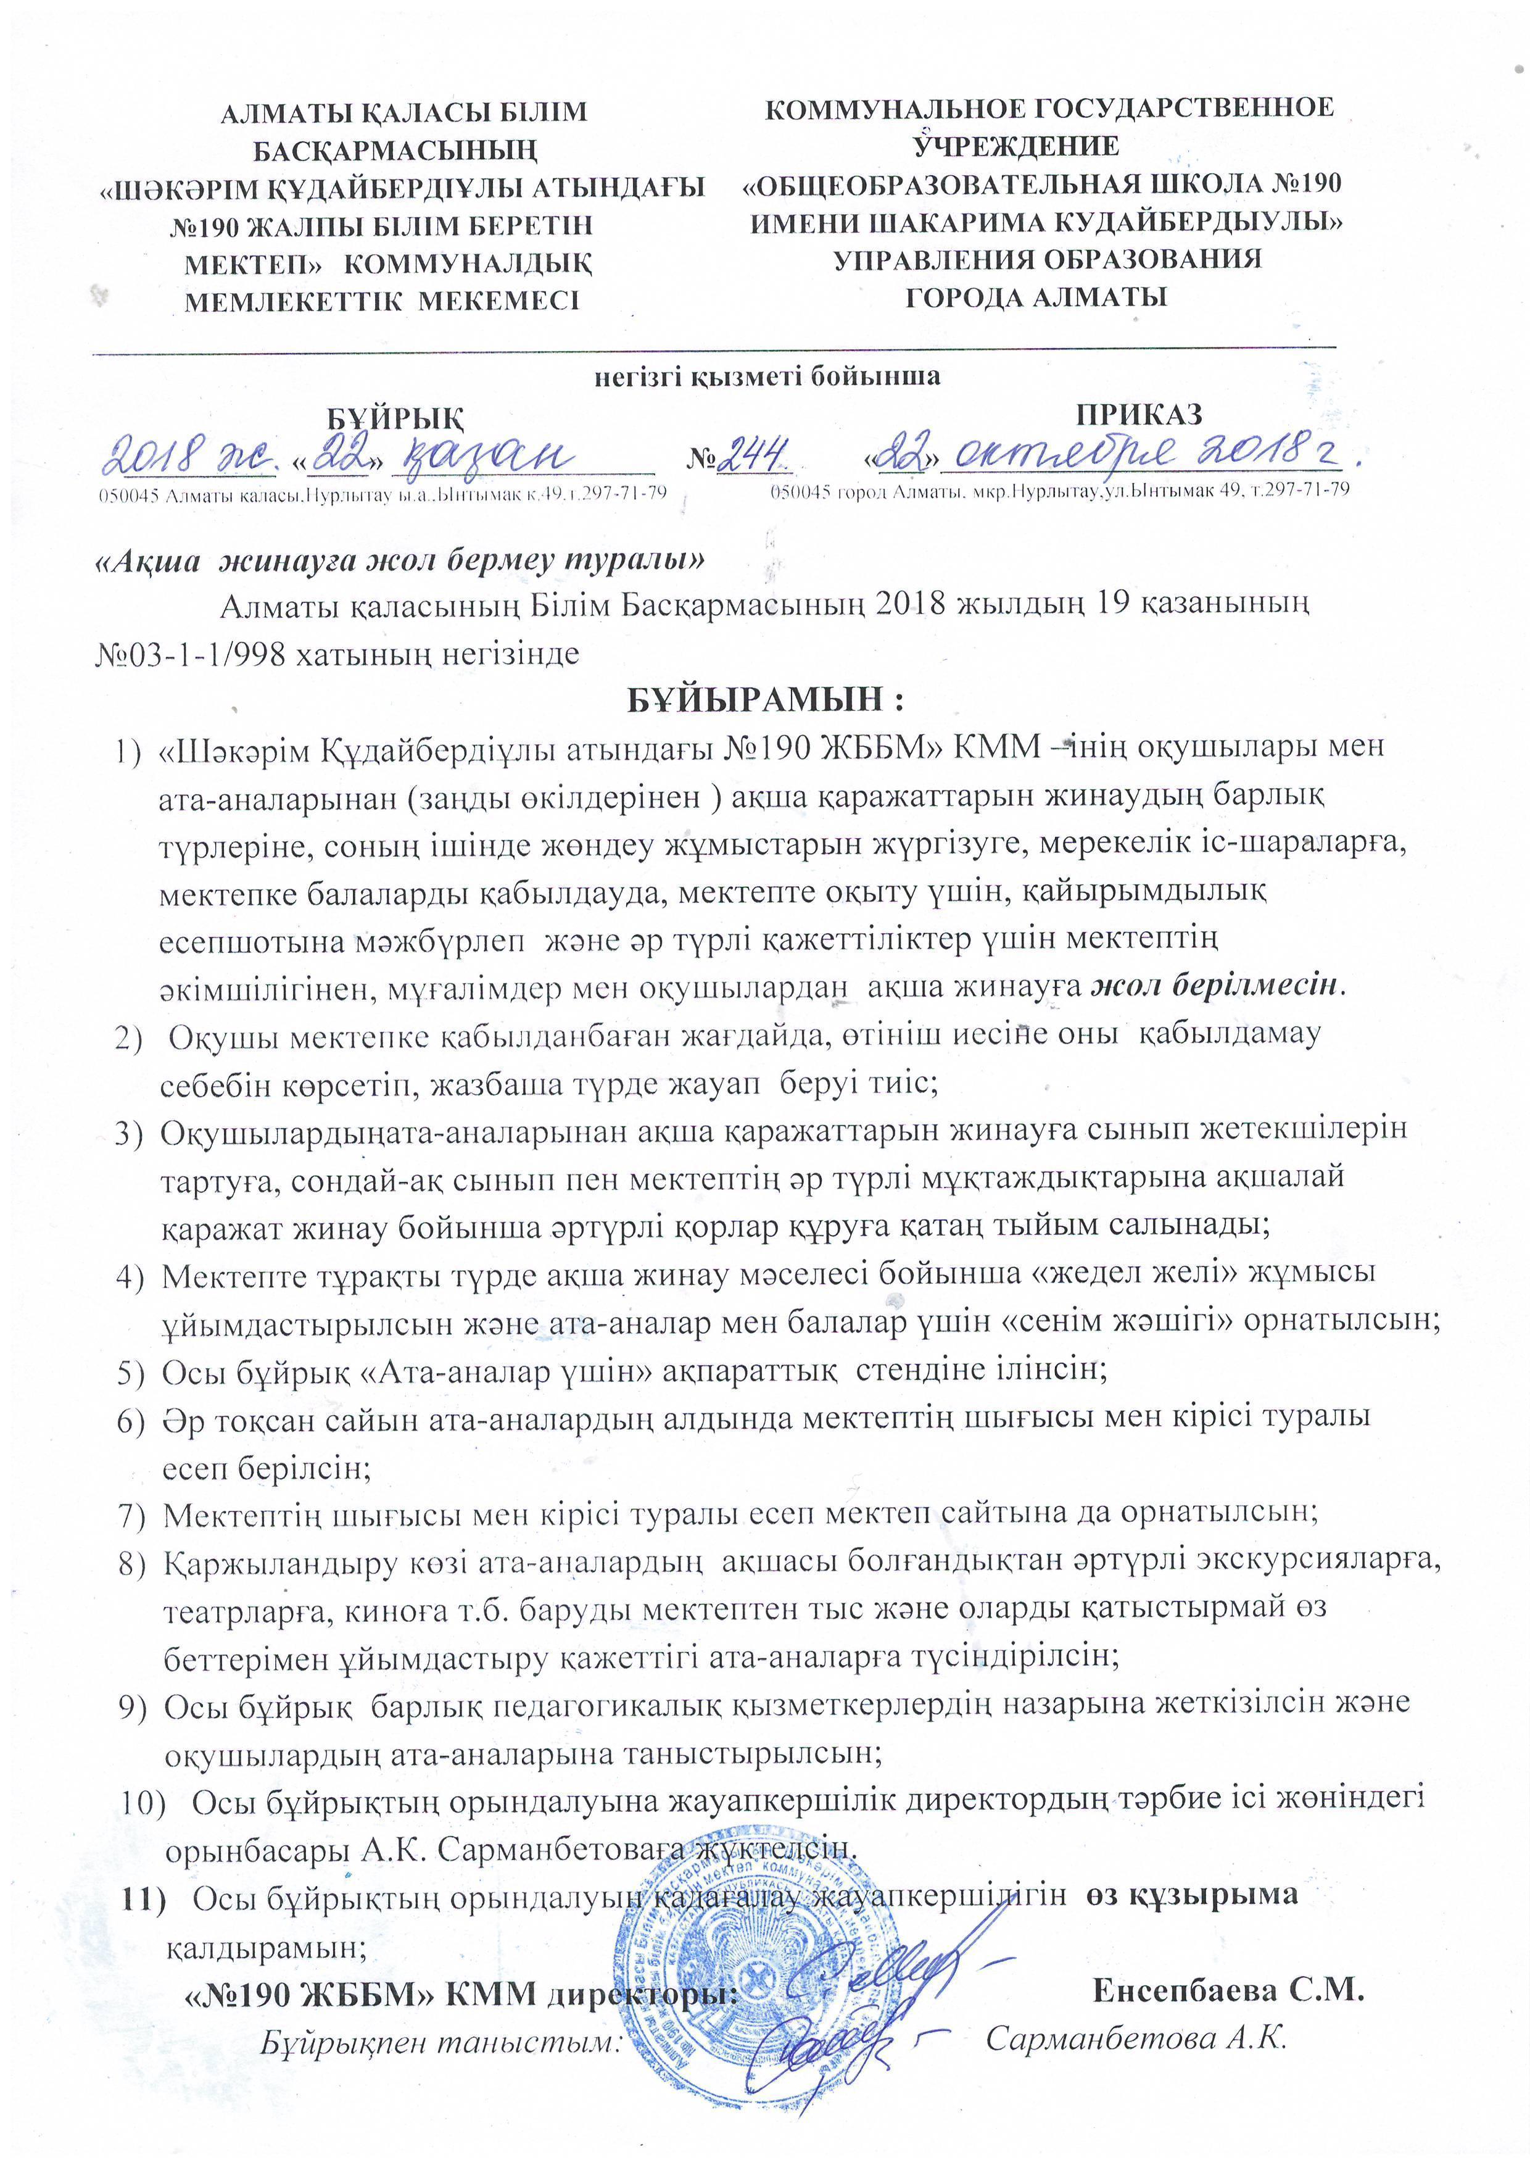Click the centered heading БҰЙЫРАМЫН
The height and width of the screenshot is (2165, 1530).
[766, 700]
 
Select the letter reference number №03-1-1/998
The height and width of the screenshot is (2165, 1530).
[189, 652]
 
